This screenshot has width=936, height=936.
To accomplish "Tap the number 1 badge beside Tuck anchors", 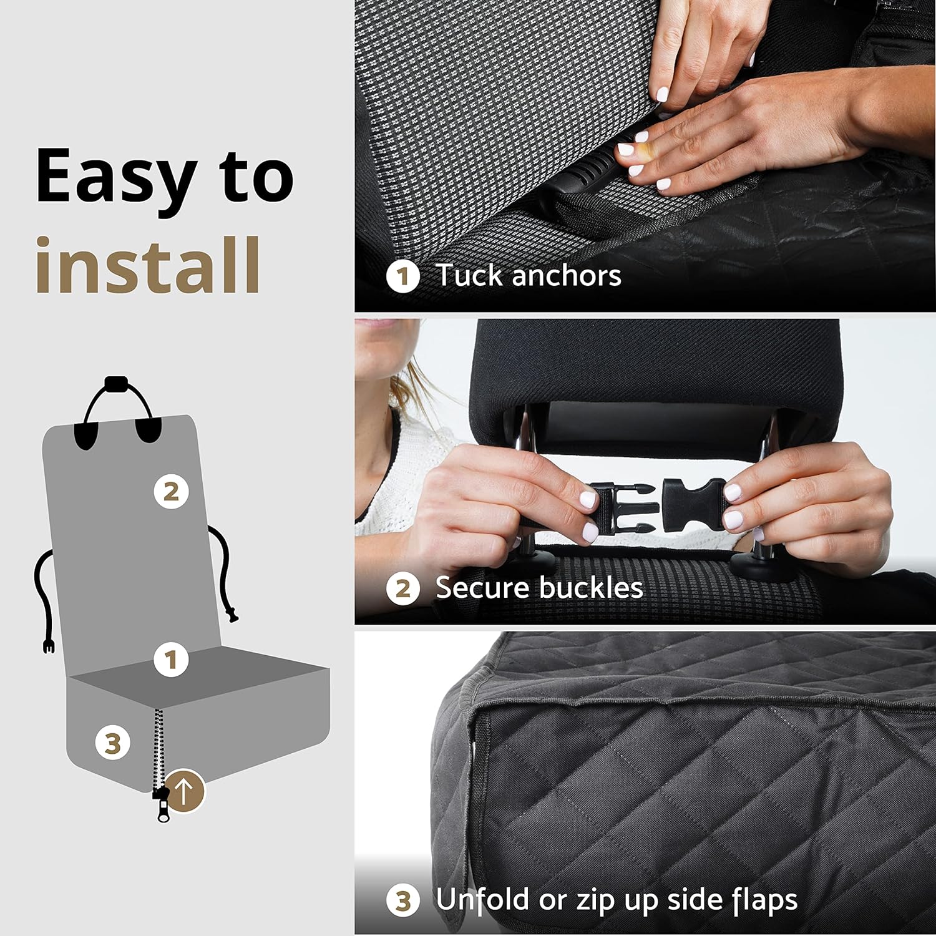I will (x=402, y=276).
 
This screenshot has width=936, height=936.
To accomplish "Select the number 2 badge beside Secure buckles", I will (x=402, y=588).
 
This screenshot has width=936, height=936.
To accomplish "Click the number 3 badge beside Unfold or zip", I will (x=402, y=900).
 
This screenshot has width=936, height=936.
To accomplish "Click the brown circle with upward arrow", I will (x=184, y=791).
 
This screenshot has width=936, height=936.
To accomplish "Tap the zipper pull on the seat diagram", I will (x=163, y=806).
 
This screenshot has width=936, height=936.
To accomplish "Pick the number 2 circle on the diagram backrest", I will (x=171, y=492).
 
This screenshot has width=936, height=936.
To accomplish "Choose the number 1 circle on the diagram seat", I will (x=171, y=660).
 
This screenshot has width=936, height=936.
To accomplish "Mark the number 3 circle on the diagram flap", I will (x=113, y=743).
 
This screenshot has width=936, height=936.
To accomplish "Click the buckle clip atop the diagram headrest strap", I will (x=117, y=383).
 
